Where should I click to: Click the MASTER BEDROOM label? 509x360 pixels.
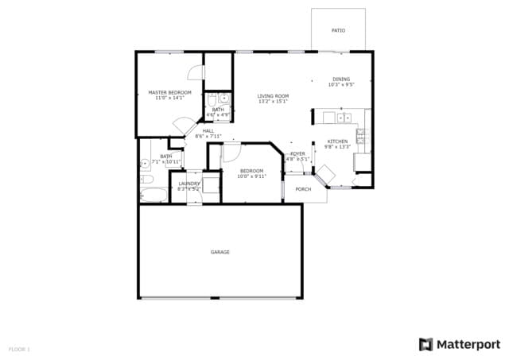click(x=170, y=92)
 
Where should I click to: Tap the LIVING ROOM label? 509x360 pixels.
click(x=273, y=96)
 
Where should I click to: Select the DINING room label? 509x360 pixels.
click(x=340, y=79)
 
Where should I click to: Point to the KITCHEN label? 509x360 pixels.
click(x=337, y=141)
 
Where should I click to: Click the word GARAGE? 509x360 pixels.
click(x=220, y=252)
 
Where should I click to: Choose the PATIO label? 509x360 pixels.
click(x=338, y=30)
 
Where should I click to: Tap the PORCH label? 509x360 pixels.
click(x=303, y=189)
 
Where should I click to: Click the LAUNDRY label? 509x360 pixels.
click(x=188, y=184)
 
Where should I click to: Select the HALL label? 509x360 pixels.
click(x=208, y=130)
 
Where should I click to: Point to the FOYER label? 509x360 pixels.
click(x=297, y=153)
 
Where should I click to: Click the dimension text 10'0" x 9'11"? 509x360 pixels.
click(x=252, y=176)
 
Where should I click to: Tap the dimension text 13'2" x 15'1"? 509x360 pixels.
click(x=273, y=102)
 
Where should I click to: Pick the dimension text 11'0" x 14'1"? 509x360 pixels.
click(x=170, y=98)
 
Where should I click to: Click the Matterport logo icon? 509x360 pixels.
click(x=426, y=343)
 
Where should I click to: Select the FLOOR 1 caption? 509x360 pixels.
click(x=19, y=349)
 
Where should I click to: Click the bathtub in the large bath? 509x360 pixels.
click(x=153, y=194)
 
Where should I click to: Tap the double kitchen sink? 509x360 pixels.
click(x=344, y=118)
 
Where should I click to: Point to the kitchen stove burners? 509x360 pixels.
click(x=360, y=139)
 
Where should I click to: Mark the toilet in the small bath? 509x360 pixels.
click(x=212, y=100)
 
